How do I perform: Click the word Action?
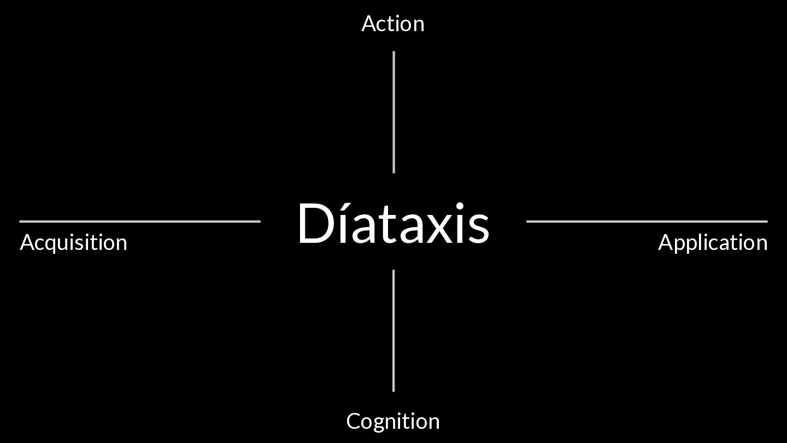point(392,24)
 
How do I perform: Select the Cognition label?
point(392,421)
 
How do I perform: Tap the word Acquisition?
point(73,243)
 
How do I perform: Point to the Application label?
point(713,243)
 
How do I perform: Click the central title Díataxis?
point(392,223)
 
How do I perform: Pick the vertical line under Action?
point(393,112)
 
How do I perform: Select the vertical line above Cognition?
point(393,330)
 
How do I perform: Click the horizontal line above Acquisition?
point(140,221)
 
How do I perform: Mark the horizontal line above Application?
point(647,221)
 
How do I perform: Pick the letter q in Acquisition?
point(54,245)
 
